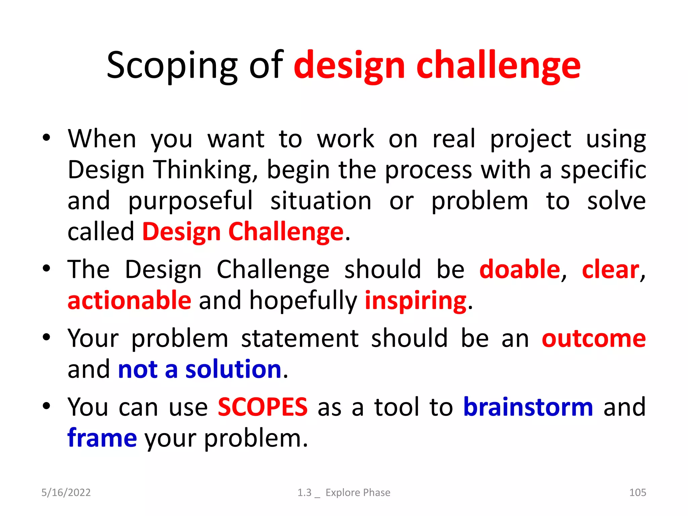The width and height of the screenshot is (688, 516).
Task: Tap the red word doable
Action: [520, 270]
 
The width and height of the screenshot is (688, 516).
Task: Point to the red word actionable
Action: [129, 300]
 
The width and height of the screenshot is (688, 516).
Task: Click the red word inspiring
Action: [416, 300]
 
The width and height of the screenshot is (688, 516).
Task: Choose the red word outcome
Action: [594, 338]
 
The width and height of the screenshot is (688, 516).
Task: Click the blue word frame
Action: [102, 438]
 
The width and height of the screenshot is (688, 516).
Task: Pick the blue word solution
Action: [233, 369]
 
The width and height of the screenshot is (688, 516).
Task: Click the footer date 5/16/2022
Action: [66, 492]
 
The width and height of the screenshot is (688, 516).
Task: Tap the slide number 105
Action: [637, 492]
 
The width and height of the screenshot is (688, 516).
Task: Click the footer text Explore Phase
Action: [358, 492]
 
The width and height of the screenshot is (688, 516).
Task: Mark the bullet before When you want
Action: [46, 137]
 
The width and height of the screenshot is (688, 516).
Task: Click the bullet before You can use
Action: [46, 406]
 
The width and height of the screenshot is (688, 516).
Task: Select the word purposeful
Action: [190, 201]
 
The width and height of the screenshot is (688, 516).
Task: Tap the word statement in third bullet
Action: [300, 338]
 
